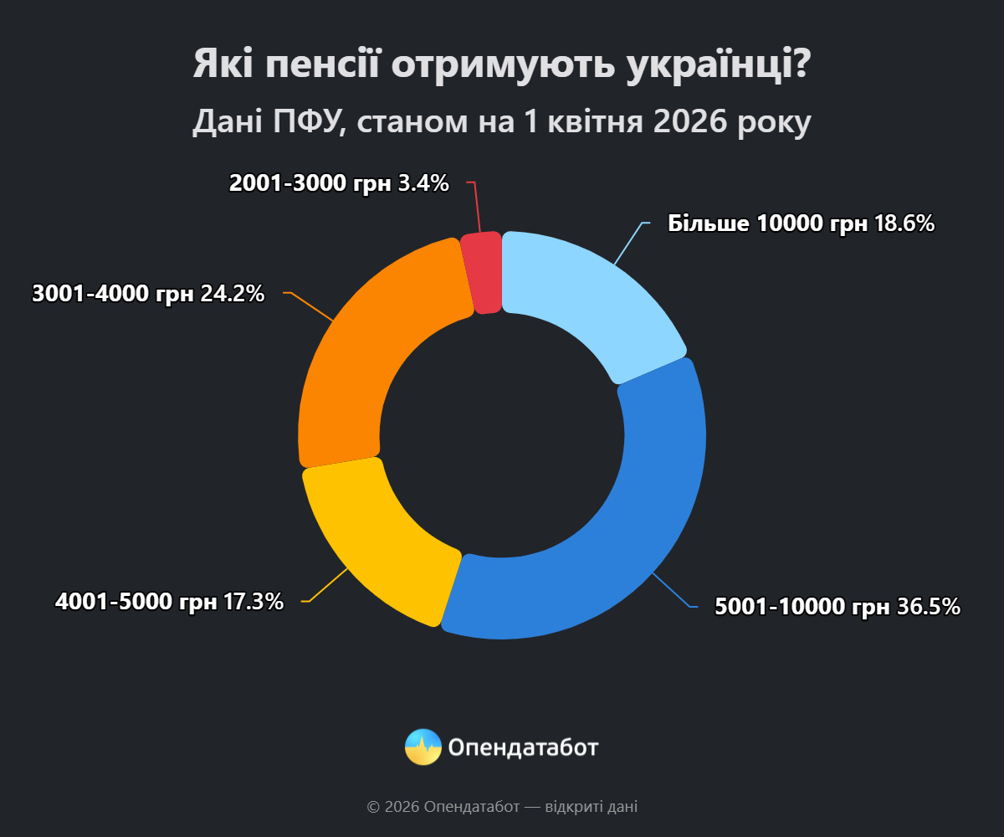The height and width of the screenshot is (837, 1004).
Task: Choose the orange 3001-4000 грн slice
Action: tap(368, 352)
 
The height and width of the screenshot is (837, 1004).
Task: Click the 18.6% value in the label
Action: tap(904, 223)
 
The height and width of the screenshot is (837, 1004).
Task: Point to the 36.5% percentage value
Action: tap(929, 607)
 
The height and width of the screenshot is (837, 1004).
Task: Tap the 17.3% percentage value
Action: tap(254, 601)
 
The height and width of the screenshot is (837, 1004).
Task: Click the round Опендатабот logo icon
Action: tap(423, 747)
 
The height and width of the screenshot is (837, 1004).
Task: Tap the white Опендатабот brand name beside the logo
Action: tap(524, 747)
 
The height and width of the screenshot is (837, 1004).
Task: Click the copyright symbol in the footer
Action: tap(373, 808)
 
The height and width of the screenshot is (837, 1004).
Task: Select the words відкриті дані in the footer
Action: tap(591, 808)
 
